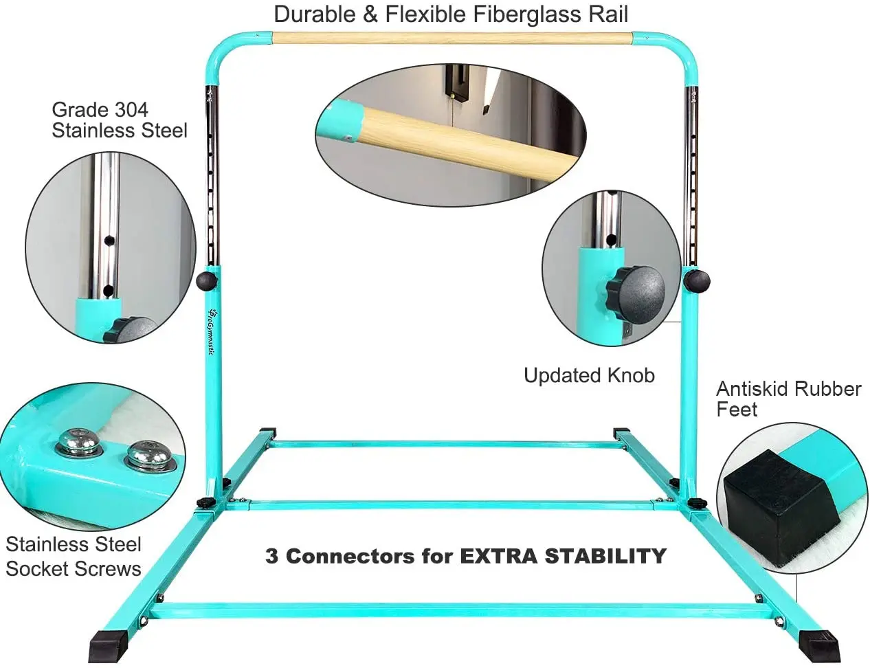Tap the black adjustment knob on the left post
coord(206,280)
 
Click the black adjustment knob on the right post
coord(696,280)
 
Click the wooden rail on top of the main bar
coord(450,38)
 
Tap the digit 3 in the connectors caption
coord(271,556)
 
